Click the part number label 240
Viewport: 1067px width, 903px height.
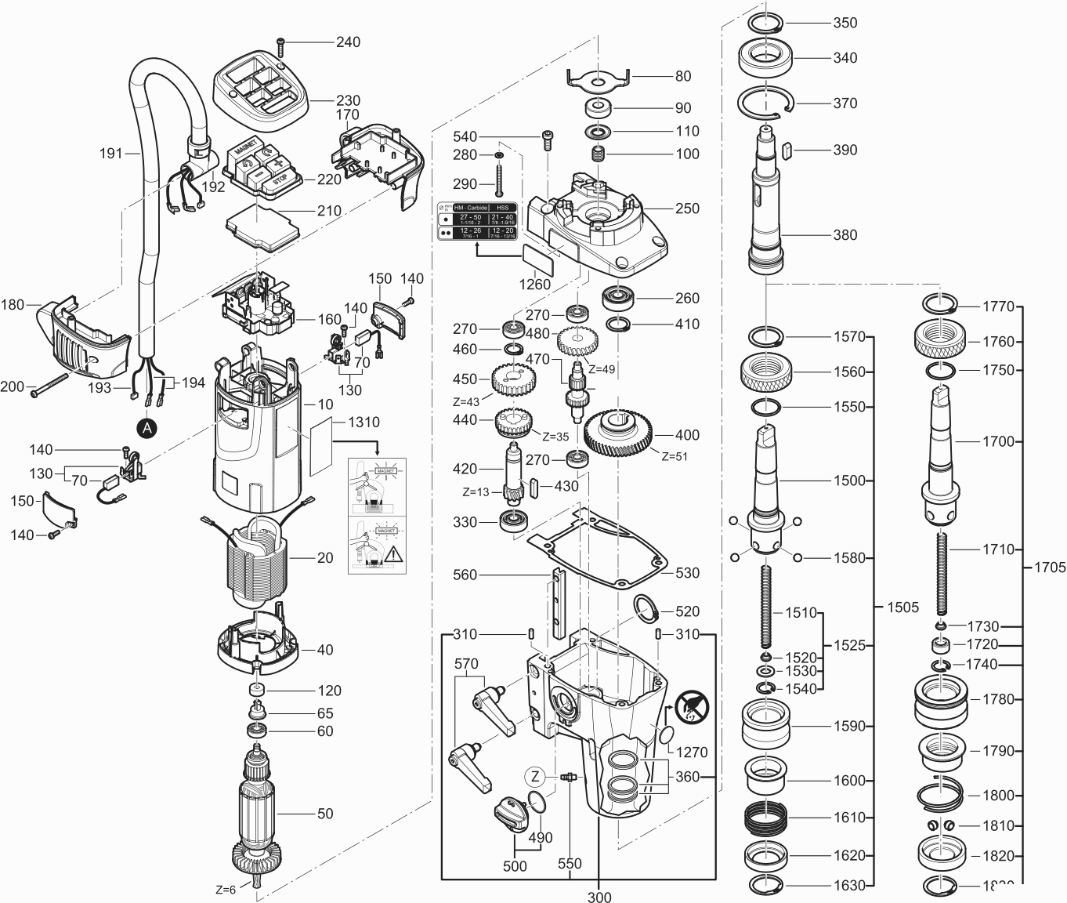click(x=348, y=42)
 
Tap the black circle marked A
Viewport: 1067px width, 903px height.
click(x=146, y=427)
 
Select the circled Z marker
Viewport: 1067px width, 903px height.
click(x=535, y=777)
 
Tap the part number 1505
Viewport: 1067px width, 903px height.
click(x=902, y=607)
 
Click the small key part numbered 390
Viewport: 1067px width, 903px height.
click(x=789, y=149)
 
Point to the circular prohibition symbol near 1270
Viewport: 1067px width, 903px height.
click(x=693, y=707)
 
